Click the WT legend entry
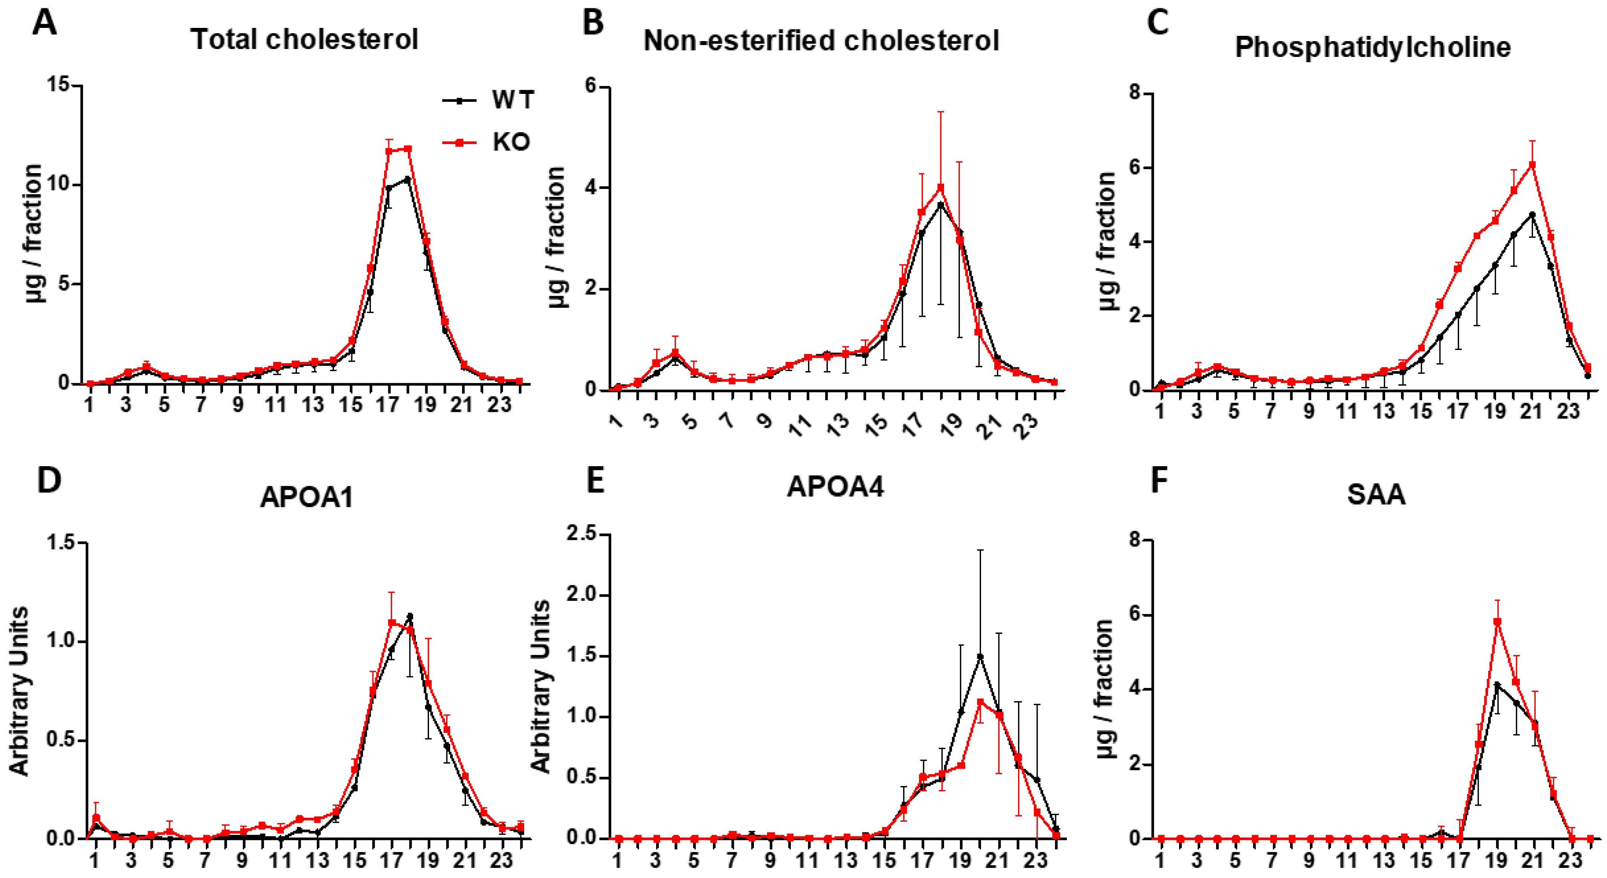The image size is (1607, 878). point(512,100)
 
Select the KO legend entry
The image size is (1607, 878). point(510,142)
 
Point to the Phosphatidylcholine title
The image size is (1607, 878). point(1372,48)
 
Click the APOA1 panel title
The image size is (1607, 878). point(306,497)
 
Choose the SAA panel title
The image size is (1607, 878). point(1376,494)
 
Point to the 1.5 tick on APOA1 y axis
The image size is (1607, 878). point(62,542)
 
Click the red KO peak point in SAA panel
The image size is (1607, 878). point(1497,622)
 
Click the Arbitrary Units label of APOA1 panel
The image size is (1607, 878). point(20,691)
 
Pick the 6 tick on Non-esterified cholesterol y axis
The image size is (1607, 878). point(591,87)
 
